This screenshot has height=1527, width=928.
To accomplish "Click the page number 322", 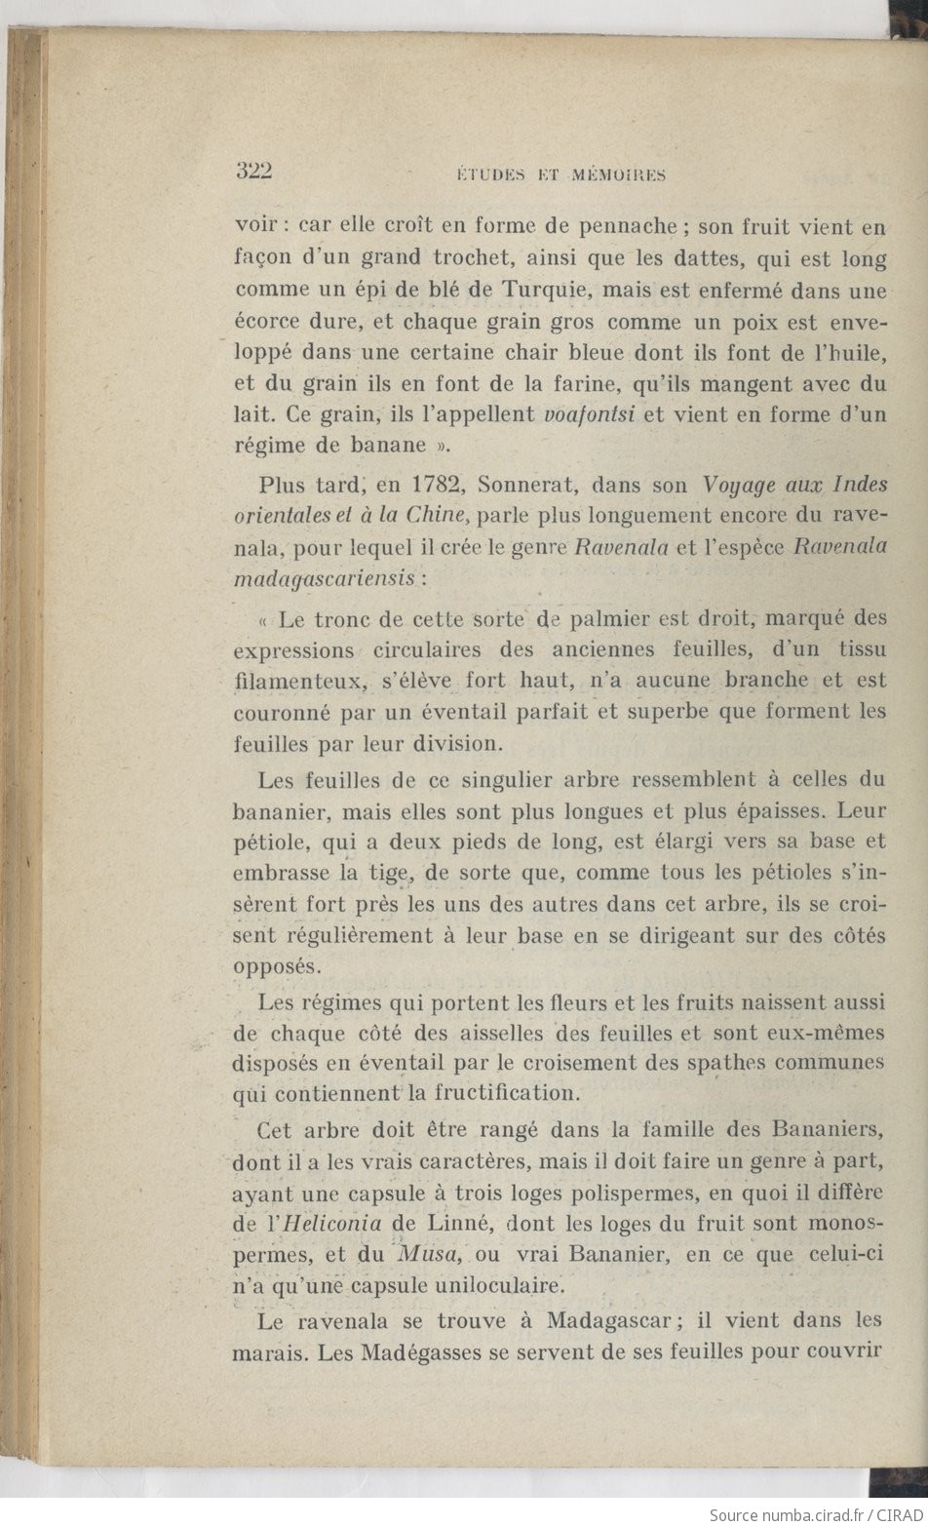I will (253, 171).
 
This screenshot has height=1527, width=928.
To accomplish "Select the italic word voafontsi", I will (589, 413).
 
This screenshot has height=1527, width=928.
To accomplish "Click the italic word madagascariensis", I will (326, 578).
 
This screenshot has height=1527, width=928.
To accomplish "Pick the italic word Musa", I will (420, 1254).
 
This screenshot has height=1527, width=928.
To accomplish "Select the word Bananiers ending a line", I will (827, 1130).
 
